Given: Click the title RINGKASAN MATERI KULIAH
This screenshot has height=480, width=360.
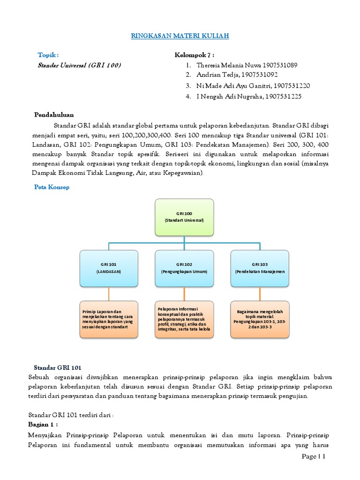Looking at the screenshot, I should (x=180, y=36).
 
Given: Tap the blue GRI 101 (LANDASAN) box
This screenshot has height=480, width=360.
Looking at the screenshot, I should (x=109, y=268).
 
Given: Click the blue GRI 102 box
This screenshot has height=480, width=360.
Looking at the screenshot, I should (x=184, y=268).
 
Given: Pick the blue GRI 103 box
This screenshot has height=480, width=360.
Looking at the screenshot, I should (x=260, y=268).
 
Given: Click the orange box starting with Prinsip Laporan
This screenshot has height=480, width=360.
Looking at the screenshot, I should (x=109, y=319).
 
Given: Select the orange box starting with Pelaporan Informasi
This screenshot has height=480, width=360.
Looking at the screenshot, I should (x=184, y=319).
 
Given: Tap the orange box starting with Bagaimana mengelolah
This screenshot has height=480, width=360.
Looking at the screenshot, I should (x=260, y=319).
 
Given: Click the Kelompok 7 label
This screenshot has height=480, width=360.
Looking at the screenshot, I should (x=195, y=55).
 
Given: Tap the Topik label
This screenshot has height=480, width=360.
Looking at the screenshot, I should (x=48, y=55).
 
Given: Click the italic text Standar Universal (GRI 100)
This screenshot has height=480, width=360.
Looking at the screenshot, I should (x=79, y=65).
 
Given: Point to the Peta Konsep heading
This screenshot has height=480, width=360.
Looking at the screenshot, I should (x=52, y=187).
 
